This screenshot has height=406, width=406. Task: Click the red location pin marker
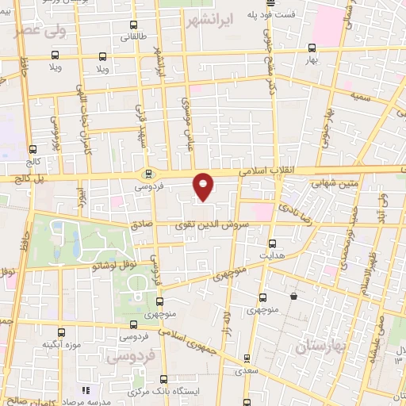click(204, 186)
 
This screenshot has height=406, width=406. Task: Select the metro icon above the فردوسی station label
click(147, 174)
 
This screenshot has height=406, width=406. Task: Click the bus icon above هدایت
click(274, 243)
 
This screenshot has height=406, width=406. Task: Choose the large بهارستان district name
click(320, 346)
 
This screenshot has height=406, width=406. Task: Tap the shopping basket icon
click(293, 297)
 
